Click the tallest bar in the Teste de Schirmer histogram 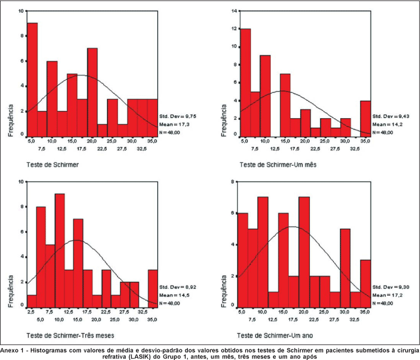coord(32,79)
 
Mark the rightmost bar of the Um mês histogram coord(365,117)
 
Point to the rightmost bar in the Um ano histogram coord(365,282)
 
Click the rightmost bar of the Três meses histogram coord(153,287)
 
